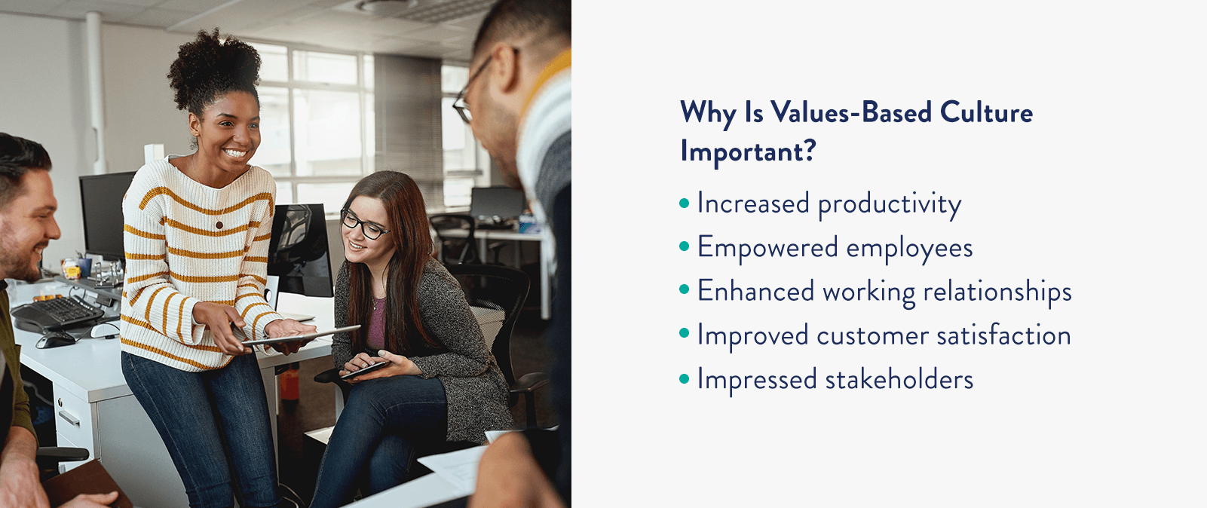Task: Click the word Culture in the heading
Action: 986,113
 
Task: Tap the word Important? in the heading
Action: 748,151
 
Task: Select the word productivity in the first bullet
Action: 890,204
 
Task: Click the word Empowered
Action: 767,248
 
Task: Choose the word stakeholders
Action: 899,379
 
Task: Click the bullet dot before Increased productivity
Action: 685,204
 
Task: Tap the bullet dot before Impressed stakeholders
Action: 685,379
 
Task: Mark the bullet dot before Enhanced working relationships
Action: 685,291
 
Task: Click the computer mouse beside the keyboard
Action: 55,340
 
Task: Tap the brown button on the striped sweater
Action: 219,225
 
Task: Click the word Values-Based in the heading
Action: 851,113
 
